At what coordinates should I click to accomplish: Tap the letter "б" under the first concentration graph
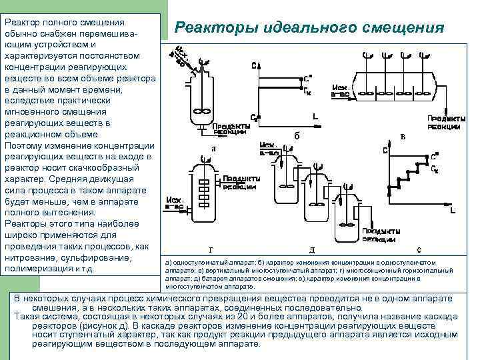[297, 137]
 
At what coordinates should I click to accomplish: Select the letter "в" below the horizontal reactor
[402, 137]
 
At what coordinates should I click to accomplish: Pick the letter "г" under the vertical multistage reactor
[210, 251]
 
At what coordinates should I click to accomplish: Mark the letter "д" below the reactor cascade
[311, 251]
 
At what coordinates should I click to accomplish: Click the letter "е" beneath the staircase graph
[418, 251]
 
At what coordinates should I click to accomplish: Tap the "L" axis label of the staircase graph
[452, 211]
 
